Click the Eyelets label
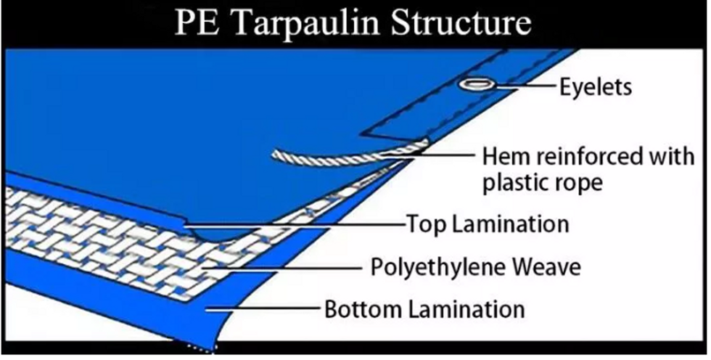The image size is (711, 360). tap(596, 86)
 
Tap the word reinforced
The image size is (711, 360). tap(585, 157)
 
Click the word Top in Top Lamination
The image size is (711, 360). tap(425, 225)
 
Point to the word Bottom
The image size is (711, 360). tap(363, 310)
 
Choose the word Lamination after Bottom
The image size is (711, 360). tap(467, 310)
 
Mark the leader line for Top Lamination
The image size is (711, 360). tap(295, 224)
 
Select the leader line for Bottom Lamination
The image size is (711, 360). tap(263, 309)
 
